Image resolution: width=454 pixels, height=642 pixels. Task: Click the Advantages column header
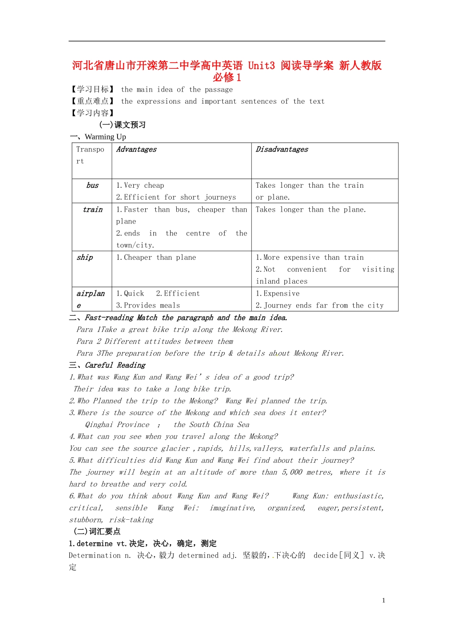click(x=136, y=150)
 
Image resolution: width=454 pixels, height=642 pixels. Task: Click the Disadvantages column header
click(x=282, y=150)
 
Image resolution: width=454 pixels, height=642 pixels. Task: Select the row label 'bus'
click(x=92, y=185)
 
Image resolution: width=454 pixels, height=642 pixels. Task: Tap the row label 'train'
click(x=92, y=210)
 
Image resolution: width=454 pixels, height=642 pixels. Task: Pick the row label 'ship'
click(x=85, y=257)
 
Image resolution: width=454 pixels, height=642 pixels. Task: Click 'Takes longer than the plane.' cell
click(x=311, y=210)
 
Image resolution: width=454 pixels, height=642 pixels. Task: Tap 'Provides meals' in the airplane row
click(x=152, y=305)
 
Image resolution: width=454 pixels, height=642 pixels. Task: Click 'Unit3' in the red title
click(x=261, y=65)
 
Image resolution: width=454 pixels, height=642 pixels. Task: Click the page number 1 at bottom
click(x=383, y=600)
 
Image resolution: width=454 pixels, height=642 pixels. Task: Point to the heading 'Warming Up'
click(x=105, y=137)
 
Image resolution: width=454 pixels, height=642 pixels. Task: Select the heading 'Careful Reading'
click(x=115, y=365)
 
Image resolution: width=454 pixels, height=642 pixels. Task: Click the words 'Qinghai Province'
click(x=117, y=425)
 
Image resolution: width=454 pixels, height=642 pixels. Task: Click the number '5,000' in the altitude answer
click(x=292, y=472)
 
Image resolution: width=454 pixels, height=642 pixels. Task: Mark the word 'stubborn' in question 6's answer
click(x=86, y=520)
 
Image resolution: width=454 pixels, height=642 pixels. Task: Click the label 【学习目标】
click(x=93, y=89)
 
